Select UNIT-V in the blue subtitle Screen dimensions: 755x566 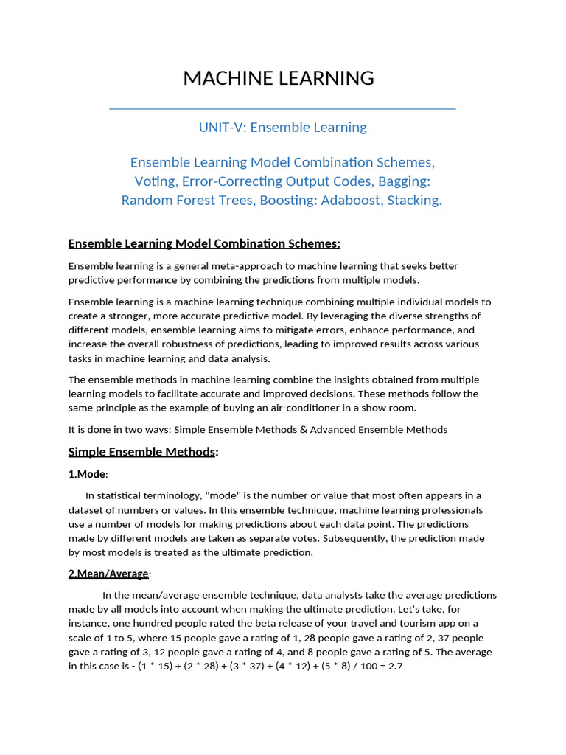[221, 128]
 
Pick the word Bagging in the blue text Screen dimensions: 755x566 [399, 181]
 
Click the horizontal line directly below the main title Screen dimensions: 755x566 [282, 109]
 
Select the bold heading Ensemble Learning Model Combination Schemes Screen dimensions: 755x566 [204, 244]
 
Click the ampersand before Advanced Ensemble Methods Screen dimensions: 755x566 [304, 430]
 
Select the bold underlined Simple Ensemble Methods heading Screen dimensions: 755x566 [142, 452]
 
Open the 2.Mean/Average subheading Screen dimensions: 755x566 [108, 574]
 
